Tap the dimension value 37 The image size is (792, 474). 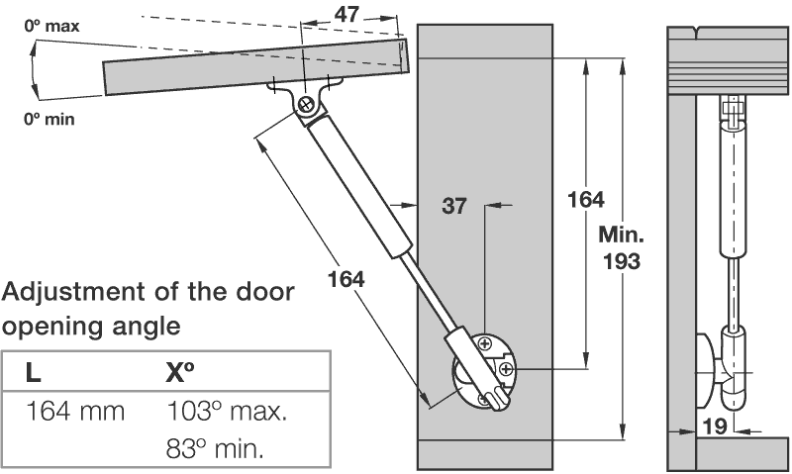453,207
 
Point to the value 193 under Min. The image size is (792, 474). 621,263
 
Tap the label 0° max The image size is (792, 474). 52,27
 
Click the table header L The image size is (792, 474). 33,374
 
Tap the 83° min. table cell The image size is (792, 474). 216,448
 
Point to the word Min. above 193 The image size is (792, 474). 622,237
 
